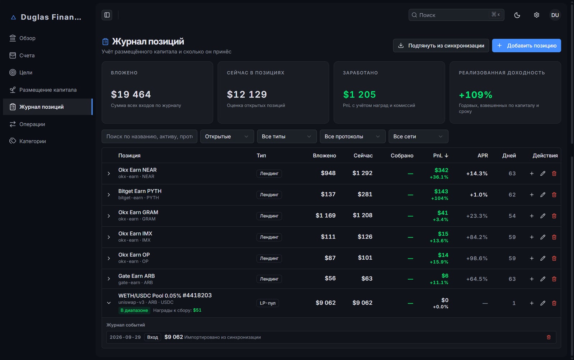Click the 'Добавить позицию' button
tap(526, 46)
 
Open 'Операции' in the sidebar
tap(32, 124)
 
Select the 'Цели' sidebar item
tap(25, 72)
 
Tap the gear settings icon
tap(536, 15)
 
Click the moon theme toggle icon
tap(517, 15)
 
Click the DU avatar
tap(555, 15)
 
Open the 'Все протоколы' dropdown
tap(352, 137)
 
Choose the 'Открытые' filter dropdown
tap(227, 137)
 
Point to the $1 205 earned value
tap(359, 94)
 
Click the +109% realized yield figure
tap(475, 95)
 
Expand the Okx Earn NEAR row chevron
tap(109, 174)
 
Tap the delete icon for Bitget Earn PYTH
tap(554, 195)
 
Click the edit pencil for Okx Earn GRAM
tap(543, 216)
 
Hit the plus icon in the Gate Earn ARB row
tap(532, 279)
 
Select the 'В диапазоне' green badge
tap(134, 310)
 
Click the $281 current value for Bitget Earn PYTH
tap(365, 194)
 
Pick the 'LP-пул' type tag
tap(268, 303)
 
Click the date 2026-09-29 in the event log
tap(125, 337)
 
